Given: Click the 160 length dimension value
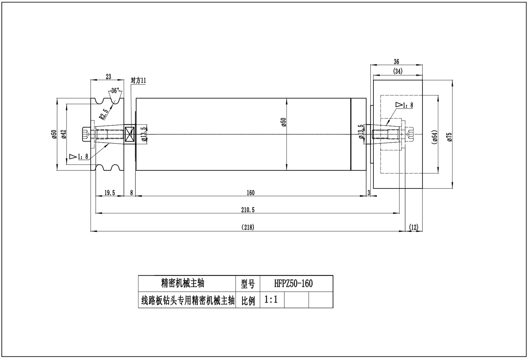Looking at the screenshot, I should point(250,193).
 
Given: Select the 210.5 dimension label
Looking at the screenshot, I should point(247,210).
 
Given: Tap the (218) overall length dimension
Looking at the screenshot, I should point(248,227).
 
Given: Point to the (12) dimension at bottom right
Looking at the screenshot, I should point(414,227).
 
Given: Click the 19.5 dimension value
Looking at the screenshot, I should point(110,193).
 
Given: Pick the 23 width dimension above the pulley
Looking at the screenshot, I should point(108,76).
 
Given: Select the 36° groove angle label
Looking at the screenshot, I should point(115,91).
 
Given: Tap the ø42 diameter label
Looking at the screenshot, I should point(64,134).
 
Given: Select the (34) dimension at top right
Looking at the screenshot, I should point(398,71).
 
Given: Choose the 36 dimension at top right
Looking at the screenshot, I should point(396,62).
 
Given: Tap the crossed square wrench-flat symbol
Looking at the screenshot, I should point(129,134).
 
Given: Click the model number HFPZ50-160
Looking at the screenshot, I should point(293,284).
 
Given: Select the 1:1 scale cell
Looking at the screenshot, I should point(271,300).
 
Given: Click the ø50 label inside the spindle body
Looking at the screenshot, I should point(284,123).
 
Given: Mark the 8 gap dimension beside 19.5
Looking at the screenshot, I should point(132,193).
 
